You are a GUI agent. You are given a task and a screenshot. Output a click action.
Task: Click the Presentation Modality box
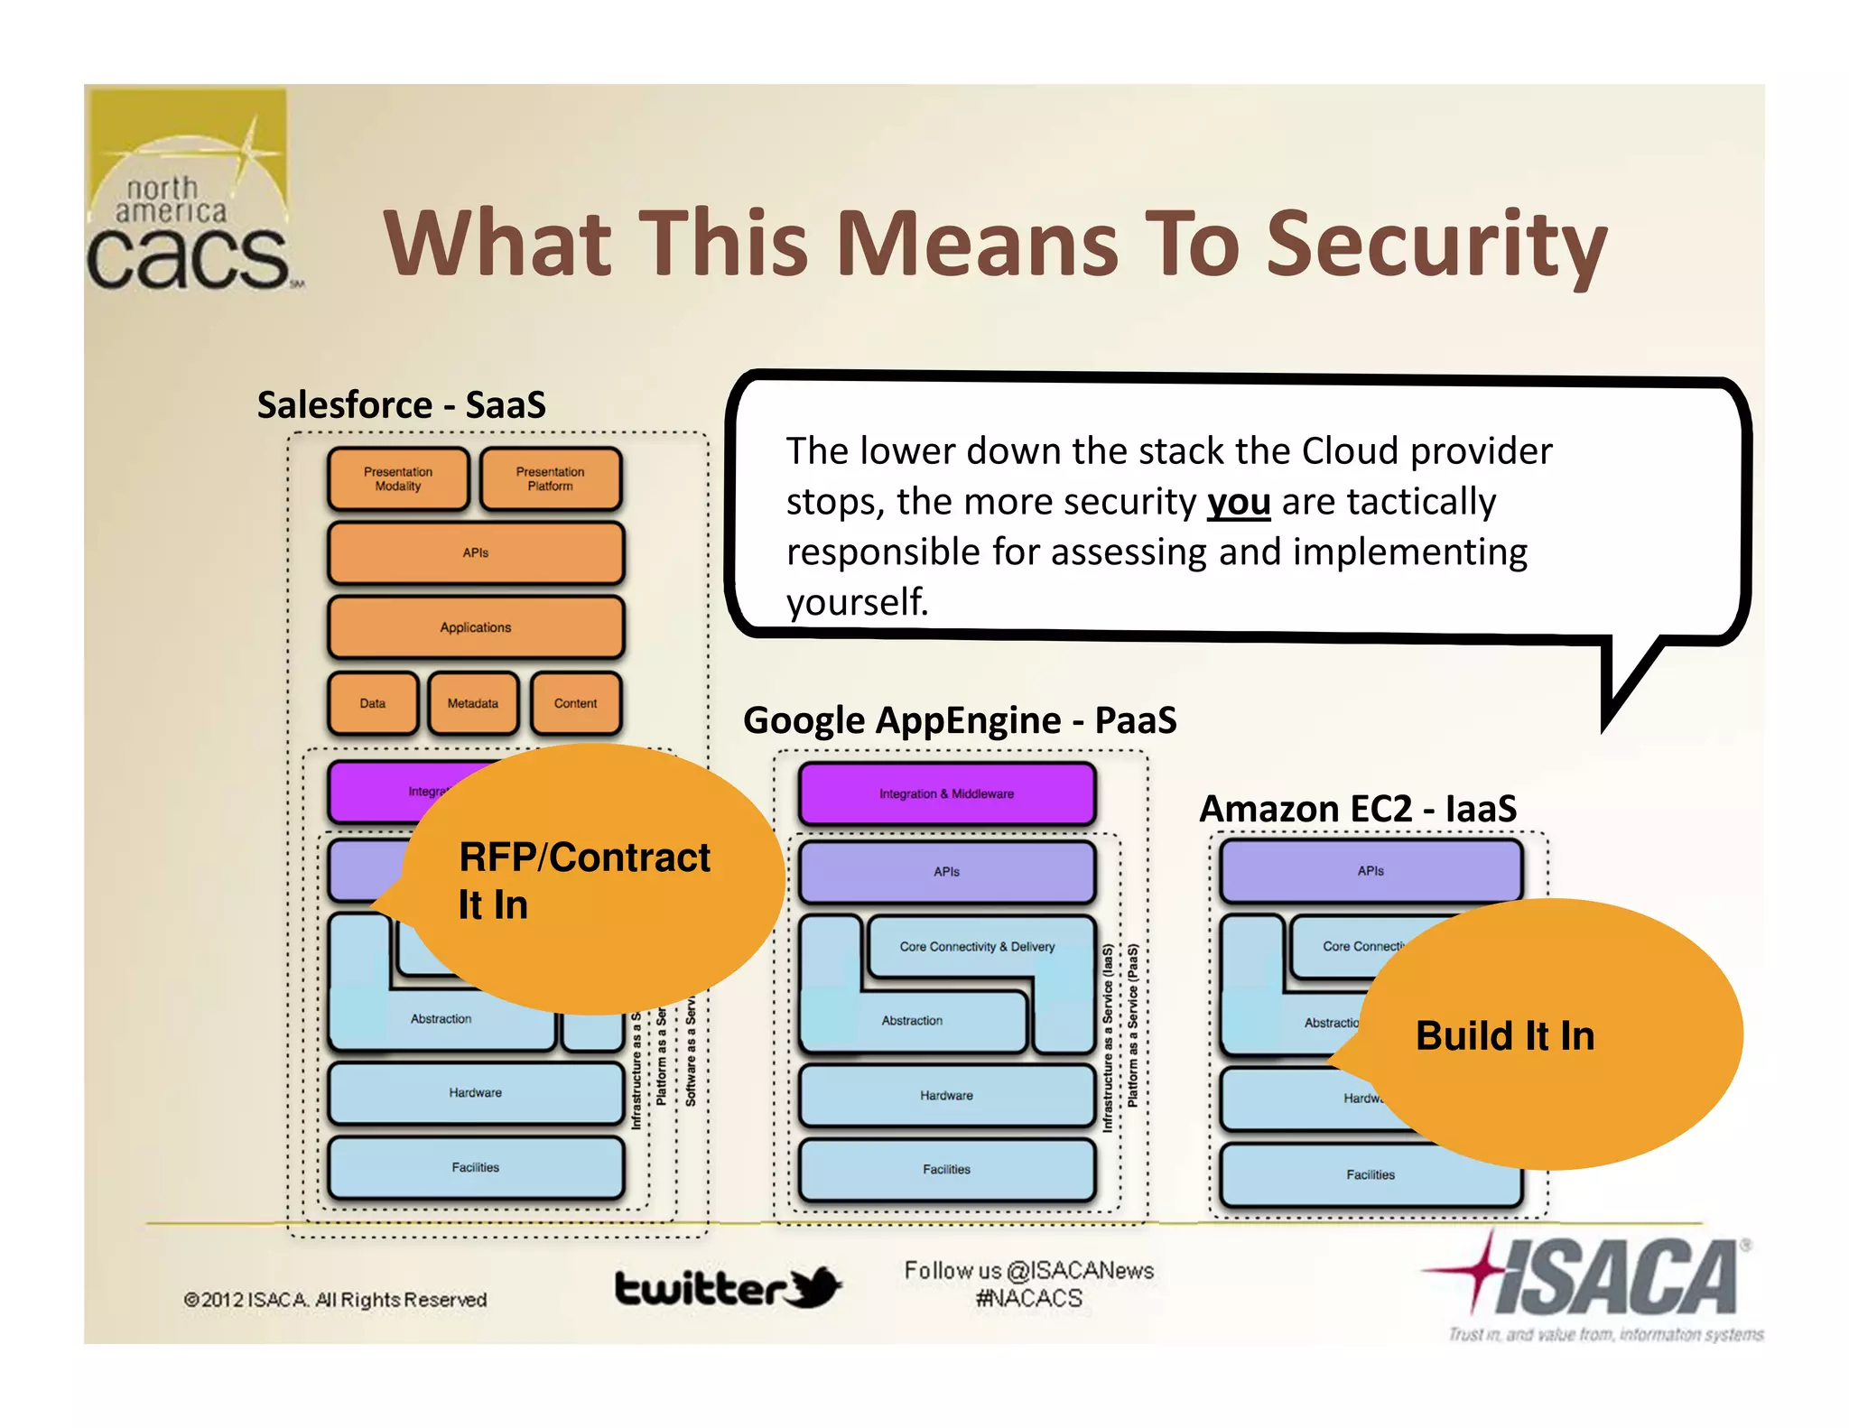tap(398, 479)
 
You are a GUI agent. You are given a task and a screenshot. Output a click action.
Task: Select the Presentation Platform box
tap(550, 479)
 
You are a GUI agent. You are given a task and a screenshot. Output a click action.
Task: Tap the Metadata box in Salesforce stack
tap(473, 703)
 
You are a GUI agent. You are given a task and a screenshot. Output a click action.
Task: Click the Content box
tap(575, 703)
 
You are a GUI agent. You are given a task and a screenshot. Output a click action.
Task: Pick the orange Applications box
tap(476, 627)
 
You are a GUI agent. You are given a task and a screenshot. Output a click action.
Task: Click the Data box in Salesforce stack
tap(373, 703)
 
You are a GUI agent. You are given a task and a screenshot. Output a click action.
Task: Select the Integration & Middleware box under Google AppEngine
tap(946, 793)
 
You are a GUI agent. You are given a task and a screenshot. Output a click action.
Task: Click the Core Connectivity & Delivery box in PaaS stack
tap(977, 946)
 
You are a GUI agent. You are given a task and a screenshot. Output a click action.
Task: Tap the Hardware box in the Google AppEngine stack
tap(946, 1095)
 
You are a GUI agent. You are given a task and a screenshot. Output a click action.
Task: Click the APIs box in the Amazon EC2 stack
tap(1370, 871)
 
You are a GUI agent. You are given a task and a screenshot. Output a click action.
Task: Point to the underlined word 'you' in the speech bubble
tap(1239, 502)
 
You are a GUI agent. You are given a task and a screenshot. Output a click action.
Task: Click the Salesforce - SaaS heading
tap(402, 404)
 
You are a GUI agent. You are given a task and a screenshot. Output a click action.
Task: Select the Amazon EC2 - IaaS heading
tap(1357, 809)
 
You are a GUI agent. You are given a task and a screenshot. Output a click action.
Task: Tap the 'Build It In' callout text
tap(1505, 1035)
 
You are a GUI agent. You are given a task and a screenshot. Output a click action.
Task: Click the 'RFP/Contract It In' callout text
tap(582, 880)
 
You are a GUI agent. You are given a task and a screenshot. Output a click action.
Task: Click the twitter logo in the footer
tap(727, 1288)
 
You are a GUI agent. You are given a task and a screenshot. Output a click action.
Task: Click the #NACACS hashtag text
tap(1028, 1299)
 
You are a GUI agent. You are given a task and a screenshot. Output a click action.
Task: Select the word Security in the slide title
tap(1436, 244)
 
